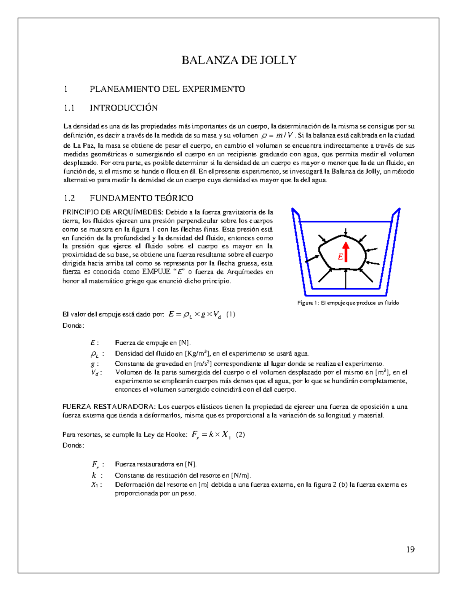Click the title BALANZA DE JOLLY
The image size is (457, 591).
[x=239, y=60]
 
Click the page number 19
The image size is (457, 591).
[x=410, y=549]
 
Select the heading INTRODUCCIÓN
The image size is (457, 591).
[x=123, y=108]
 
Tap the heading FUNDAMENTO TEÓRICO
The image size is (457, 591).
[x=141, y=198]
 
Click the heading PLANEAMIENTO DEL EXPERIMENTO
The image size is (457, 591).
[x=167, y=89]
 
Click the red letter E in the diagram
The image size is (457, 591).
[x=340, y=258]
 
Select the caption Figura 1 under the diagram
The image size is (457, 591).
[x=348, y=303]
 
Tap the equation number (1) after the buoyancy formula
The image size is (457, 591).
[x=231, y=314]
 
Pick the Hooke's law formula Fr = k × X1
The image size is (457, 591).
[x=211, y=435]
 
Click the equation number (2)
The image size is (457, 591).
[x=240, y=435]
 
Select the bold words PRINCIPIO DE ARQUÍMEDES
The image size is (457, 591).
[x=113, y=212]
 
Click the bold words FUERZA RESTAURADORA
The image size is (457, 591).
[x=109, y=406]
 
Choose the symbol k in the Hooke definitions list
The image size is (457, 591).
[x=94, y=475]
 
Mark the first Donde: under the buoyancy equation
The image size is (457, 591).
[x=73, y=325]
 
